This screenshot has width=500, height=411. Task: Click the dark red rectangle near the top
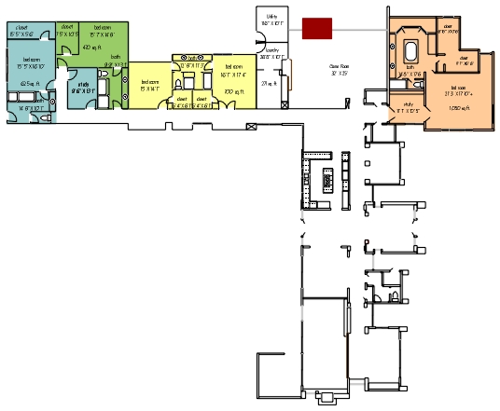(318, 28)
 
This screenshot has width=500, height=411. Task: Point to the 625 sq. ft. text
(27, 81)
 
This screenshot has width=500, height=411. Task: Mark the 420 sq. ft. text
(91, 47)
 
